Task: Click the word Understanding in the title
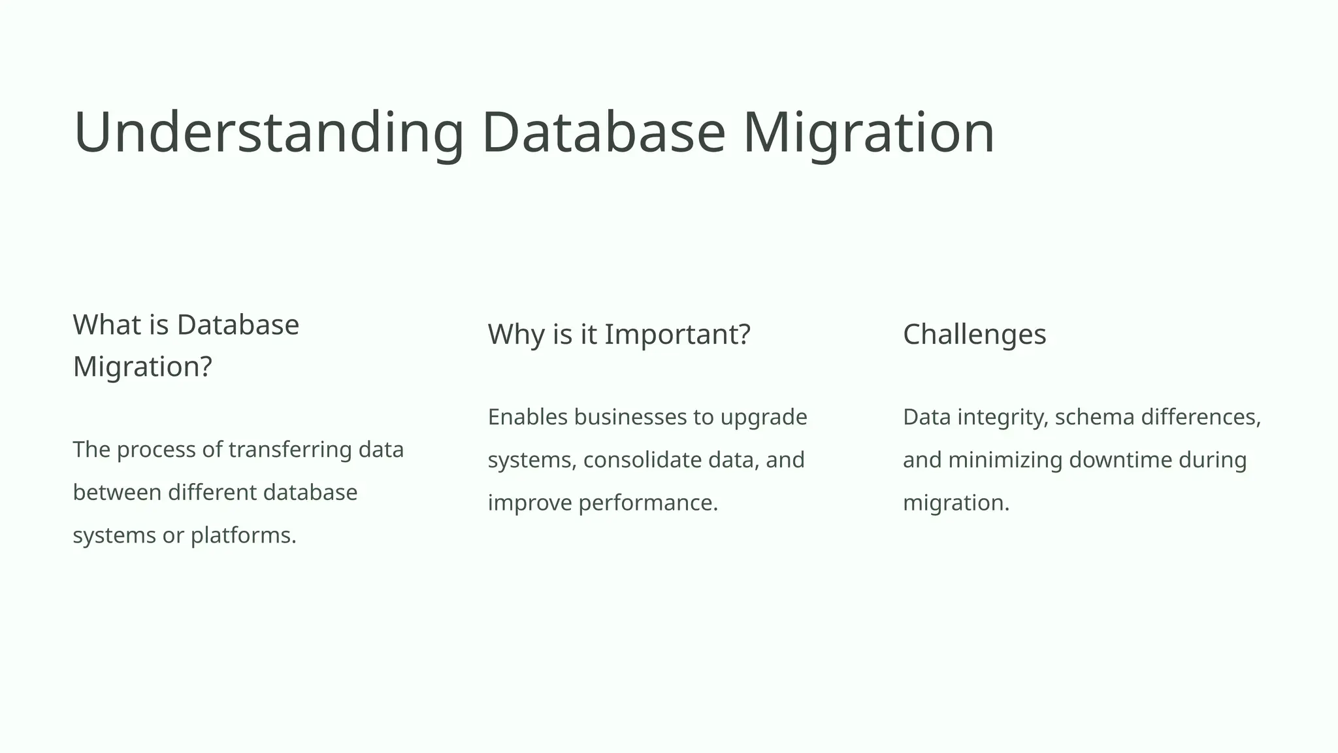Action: tap(269, 133)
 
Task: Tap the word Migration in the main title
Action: tap(868, 133)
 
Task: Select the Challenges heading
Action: tap(974, 335)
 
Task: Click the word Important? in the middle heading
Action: tap(677, 335)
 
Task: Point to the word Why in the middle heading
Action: tap(516, 335)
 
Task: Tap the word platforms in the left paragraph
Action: tap(243, 536)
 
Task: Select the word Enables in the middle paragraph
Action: tap(528, 417)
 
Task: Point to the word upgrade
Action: tap(764, 417)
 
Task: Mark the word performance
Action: tap(647, 503)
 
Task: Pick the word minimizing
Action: tap(1005, 460)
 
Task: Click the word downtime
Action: tap(1120, 460)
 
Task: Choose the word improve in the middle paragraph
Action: tap(530, 503)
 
